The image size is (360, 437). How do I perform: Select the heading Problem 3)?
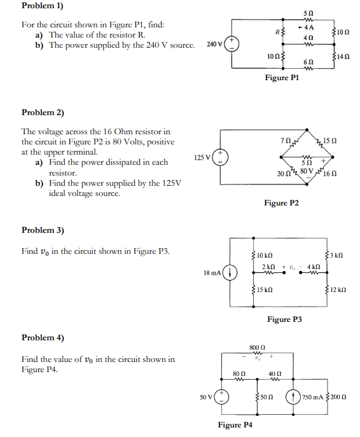point(43,230)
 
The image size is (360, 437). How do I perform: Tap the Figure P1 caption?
point(281,78)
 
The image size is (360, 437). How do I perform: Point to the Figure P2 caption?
point(281,203)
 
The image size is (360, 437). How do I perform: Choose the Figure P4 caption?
point(235,425)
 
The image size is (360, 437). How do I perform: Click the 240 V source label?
point(215,45)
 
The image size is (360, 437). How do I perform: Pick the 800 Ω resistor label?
point(258,348)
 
